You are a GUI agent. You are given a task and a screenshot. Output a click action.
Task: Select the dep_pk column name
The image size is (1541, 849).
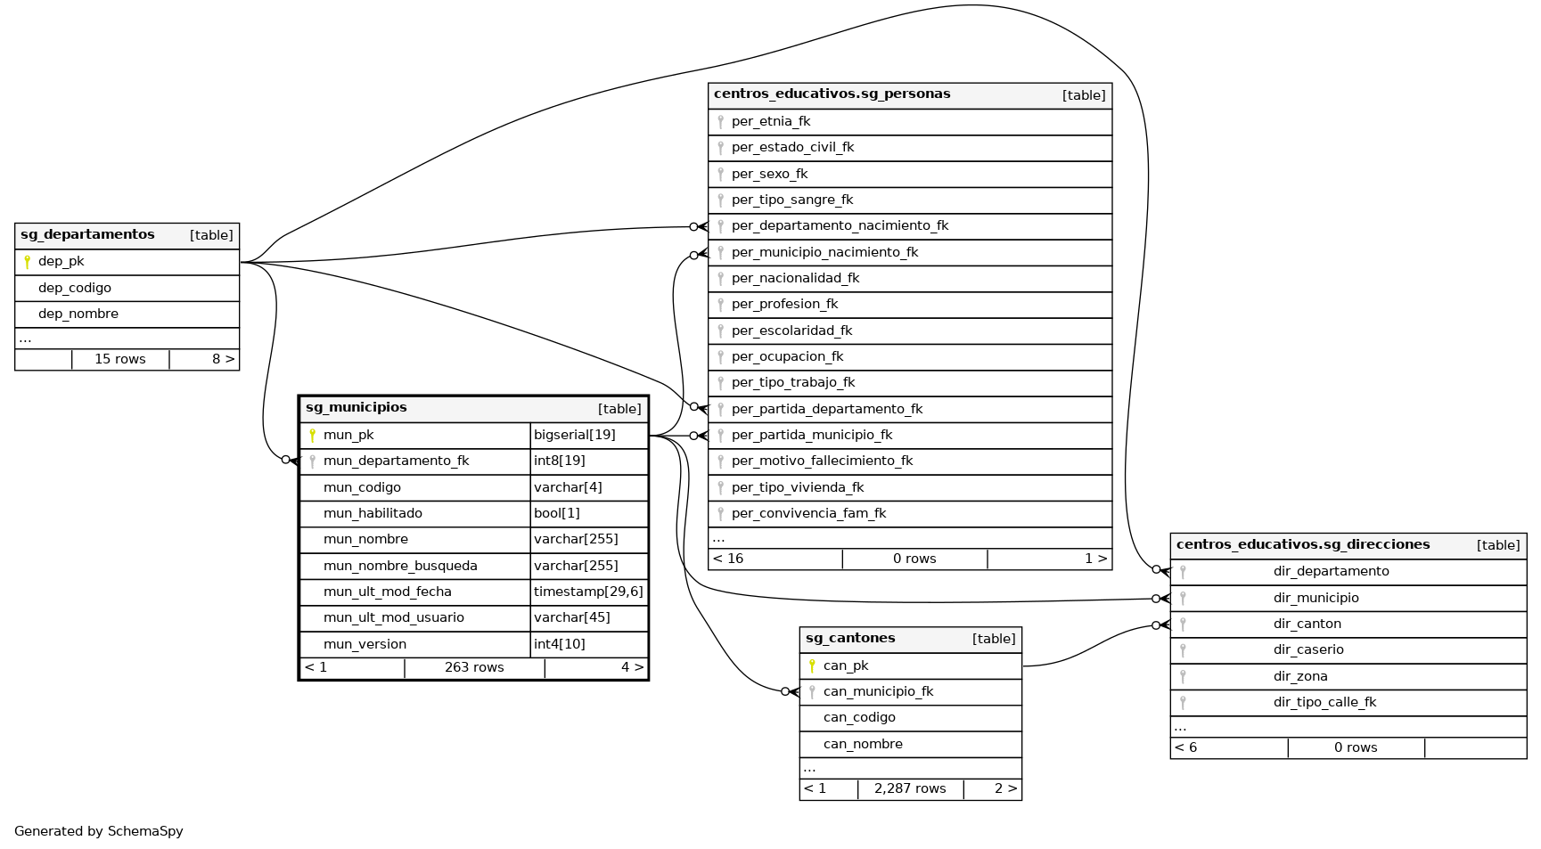click(x=61, y=262)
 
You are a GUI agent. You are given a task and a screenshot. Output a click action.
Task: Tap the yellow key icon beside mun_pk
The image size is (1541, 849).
click(x=312, y=436)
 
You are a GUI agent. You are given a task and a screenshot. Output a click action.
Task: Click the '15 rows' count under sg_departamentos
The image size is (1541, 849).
click(x=120, y=359)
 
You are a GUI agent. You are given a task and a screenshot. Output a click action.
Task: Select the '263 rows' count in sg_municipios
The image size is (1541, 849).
click(x=474, y=667)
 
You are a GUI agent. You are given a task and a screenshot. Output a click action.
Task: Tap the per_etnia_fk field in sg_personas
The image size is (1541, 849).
click(x=771, y=122)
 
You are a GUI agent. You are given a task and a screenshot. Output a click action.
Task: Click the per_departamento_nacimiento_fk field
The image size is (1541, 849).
click(x=840, y=226)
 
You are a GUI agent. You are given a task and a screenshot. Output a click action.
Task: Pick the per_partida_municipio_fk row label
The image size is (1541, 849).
click(x=812, y=436)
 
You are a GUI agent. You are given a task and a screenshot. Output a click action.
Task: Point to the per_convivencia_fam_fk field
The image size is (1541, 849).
click(x=808, y=514)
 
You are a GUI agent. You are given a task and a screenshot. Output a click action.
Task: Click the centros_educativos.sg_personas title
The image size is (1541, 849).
click(x=832, y=94)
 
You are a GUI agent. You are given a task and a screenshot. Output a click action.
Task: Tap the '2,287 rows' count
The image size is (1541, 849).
click(x=910, y=788)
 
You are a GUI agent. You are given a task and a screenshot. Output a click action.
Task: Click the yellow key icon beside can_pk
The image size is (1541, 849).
click(x=812, y=665)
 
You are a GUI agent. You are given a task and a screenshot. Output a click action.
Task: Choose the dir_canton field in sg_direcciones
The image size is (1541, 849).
click(x=1307, y=625)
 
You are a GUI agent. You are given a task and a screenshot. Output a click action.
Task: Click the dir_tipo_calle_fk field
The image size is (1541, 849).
click(x=1324, y=703)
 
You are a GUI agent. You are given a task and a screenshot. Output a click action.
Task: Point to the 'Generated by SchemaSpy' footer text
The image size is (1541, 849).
click(x=99, y=831)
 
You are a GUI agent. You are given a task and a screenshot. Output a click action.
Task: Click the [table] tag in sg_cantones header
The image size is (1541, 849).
click(x=994, y=639)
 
